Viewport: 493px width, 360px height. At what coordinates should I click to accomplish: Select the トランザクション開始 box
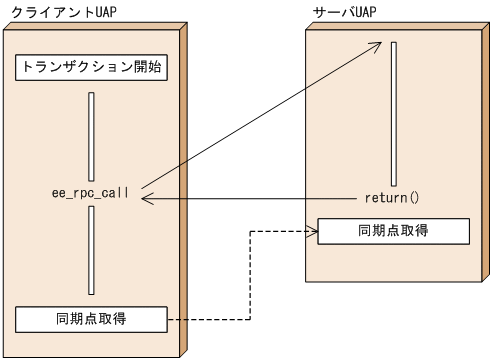90,68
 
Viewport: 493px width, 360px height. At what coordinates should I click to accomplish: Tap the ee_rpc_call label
90,191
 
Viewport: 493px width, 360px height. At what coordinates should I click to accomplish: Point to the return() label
391,198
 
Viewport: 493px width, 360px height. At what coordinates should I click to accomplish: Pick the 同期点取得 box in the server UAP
393,230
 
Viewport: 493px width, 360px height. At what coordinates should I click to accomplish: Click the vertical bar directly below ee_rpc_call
91,250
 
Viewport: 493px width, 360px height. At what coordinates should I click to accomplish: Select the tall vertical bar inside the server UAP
395,114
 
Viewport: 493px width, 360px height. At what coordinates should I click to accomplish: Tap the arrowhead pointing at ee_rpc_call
146,199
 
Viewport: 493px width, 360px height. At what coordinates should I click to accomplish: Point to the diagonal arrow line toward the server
260,116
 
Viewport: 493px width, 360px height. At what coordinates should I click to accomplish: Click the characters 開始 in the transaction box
145,68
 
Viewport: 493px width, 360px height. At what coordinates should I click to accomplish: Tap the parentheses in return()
413,198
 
